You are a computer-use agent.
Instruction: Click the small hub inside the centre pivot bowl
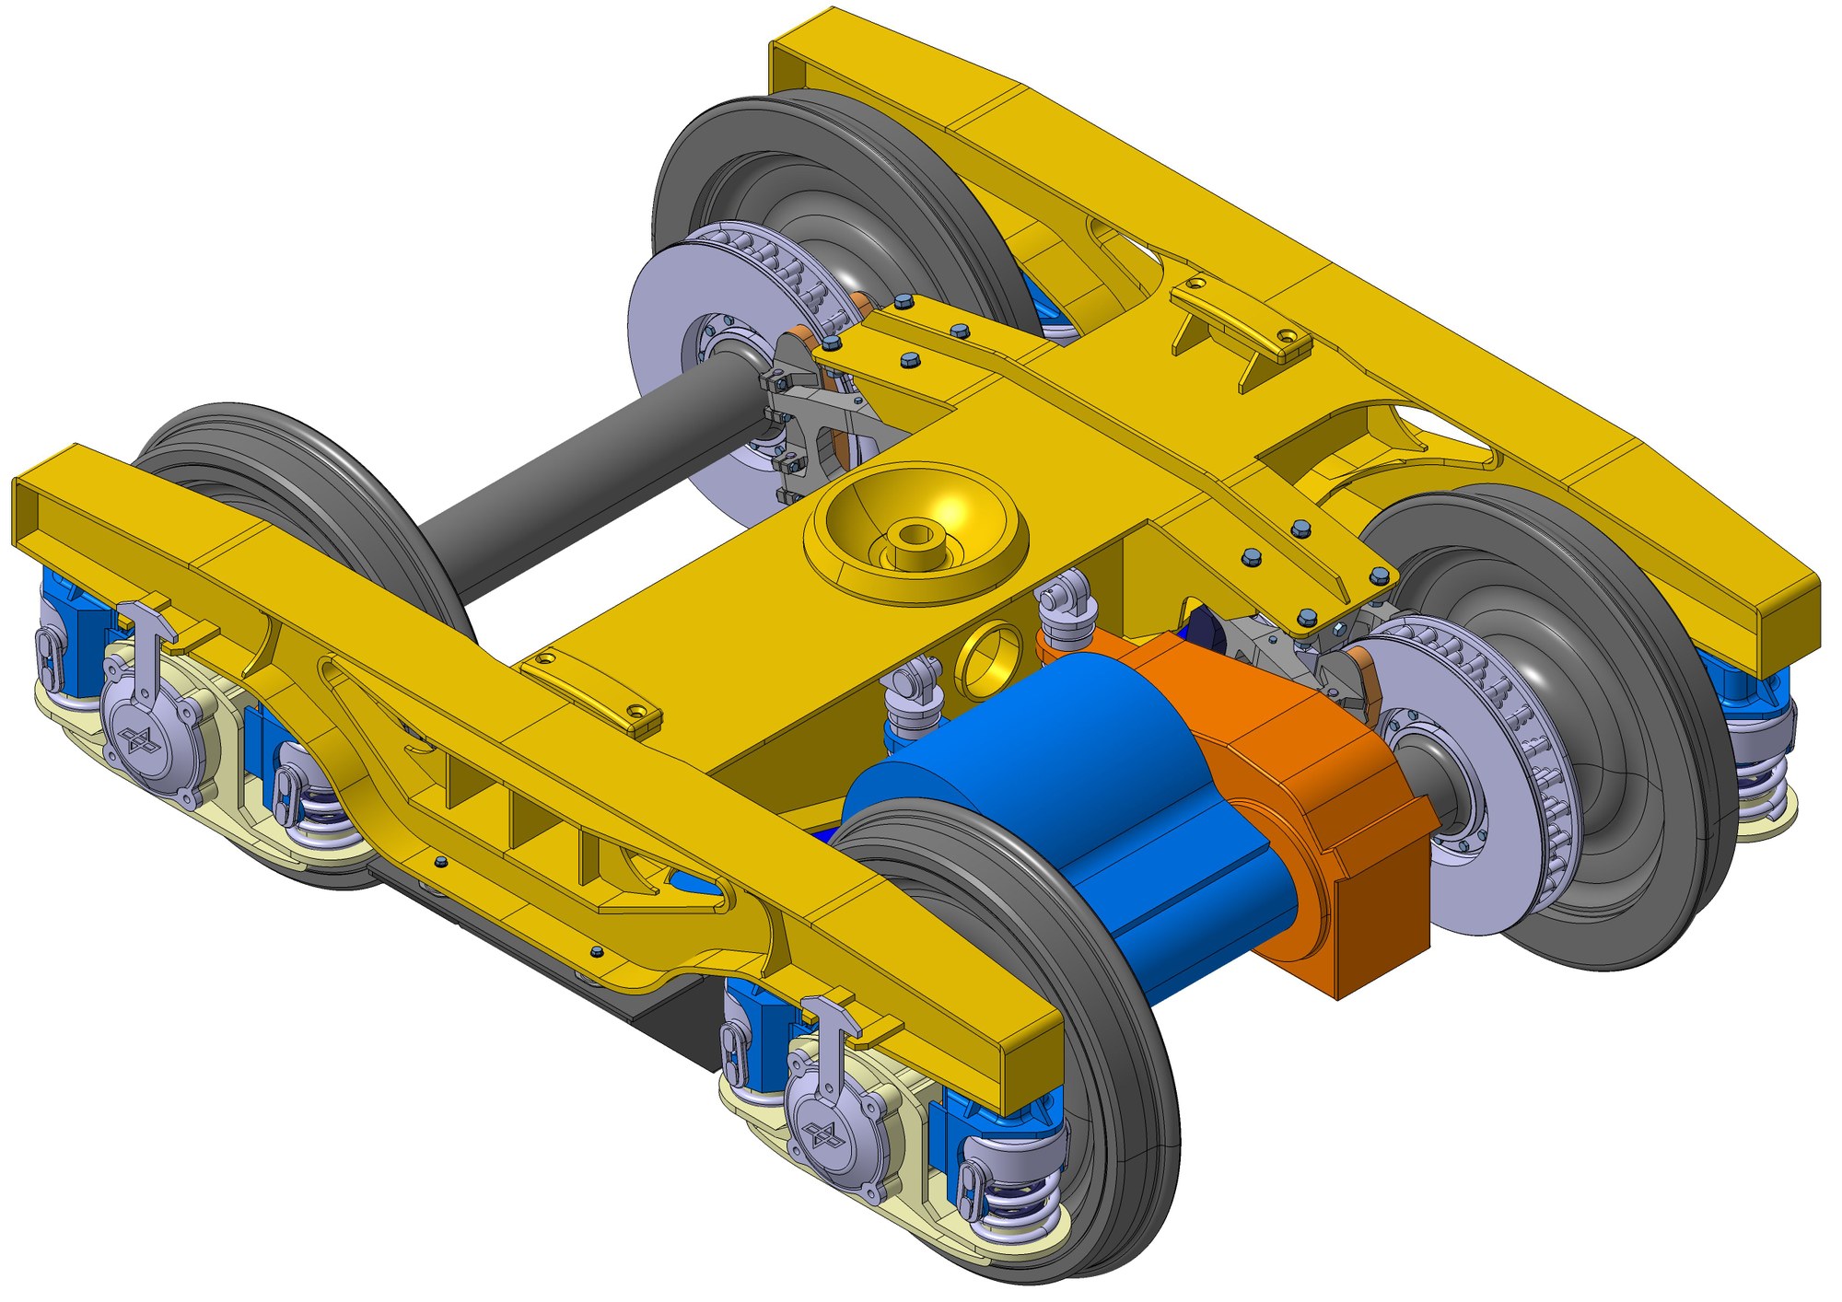click(x=915, y=534)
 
